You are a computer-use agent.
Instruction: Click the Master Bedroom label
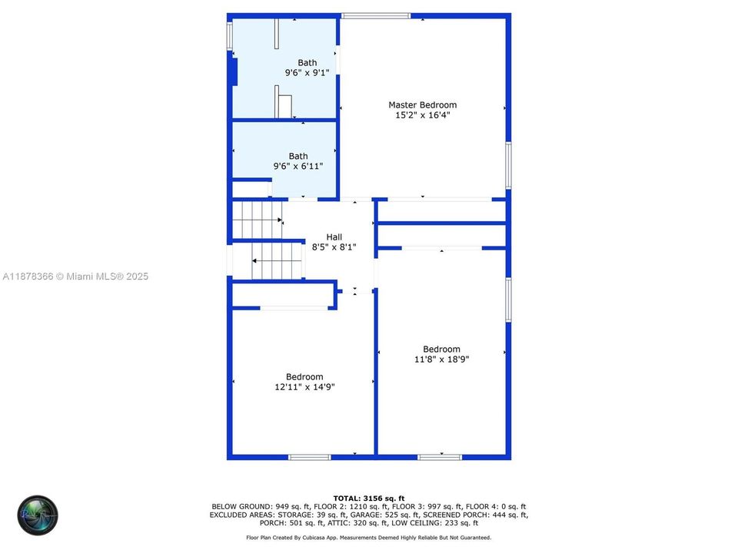click(x=422, y=105)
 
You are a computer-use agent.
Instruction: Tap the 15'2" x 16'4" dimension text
click(x=423, y=114)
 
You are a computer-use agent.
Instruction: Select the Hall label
click(x=334, y=237)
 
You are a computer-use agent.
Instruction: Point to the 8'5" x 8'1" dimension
click(x=334, y=247)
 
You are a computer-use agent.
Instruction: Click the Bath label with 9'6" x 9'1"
click(x=307, y=62)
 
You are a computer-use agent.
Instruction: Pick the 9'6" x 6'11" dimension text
click(x=298, y=166)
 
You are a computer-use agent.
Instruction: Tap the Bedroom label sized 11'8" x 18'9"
click(x=441, y=349)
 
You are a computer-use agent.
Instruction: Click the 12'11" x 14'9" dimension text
click(x=304, y=387)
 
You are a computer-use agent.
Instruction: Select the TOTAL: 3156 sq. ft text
click(x=369, y=498)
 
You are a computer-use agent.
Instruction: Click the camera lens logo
click(x=38, y=515)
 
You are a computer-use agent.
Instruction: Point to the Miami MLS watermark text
click(x=75, y=276)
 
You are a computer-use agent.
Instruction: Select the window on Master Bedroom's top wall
click(x=376, y=16)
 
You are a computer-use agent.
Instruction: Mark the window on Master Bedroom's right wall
click(x=508, y=166)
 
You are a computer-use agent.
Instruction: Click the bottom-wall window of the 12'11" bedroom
click(x=310, y=457)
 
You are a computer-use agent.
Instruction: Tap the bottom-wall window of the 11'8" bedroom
click(x=440, y=457)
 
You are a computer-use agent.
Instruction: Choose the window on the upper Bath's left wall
click(x=230, y=36)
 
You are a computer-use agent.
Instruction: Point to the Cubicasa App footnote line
click(x=369, y=538)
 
